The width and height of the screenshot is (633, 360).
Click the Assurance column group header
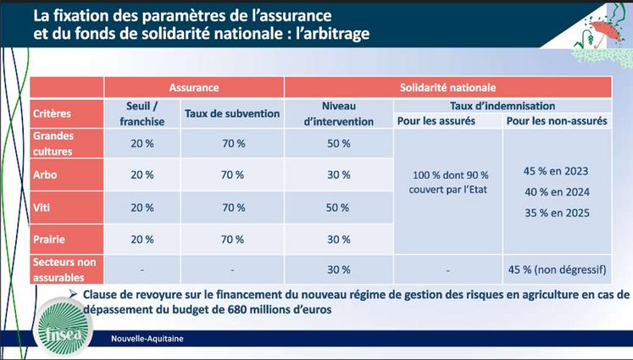194,87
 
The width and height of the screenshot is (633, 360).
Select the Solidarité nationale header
447,87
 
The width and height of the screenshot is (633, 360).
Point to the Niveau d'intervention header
337,114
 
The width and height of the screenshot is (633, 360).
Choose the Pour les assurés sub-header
436,121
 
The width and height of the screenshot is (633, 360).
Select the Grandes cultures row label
54,143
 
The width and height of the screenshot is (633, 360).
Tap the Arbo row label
45,175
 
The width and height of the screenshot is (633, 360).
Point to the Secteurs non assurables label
64,269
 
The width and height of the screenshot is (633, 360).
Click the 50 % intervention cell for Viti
338,208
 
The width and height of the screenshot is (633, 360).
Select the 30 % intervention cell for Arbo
338,175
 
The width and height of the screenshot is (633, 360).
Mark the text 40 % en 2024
555,192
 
